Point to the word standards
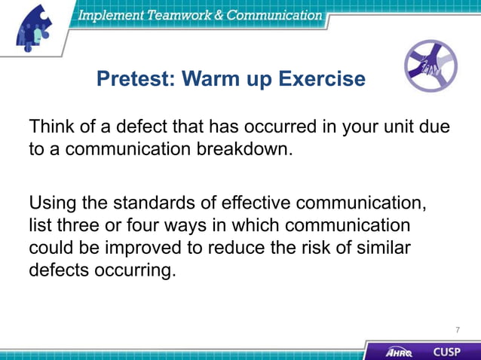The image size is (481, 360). point(155,203)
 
